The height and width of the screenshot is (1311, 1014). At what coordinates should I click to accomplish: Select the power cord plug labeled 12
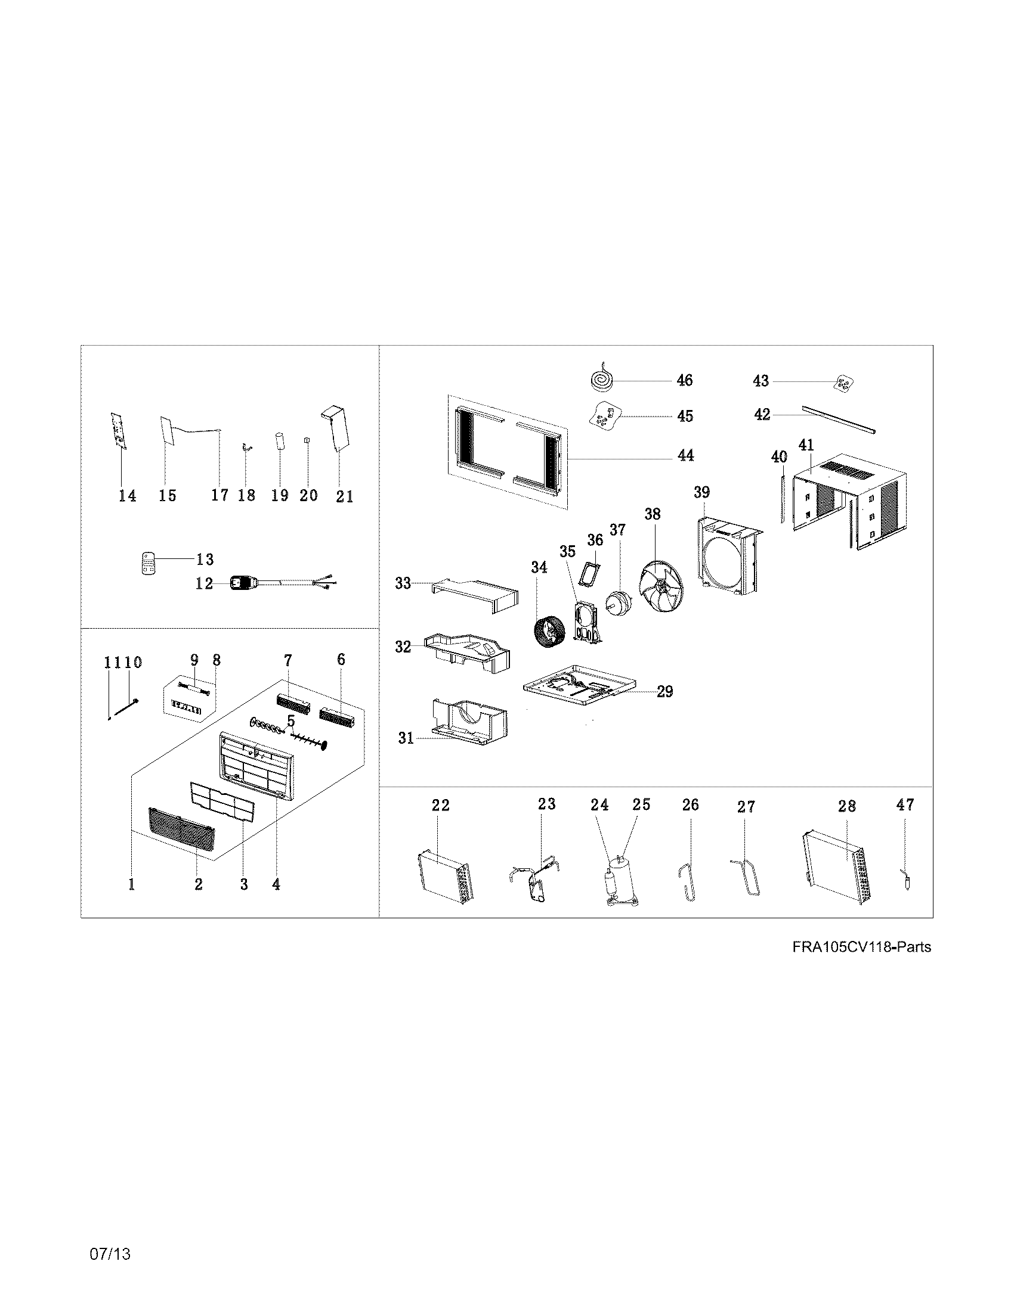pyautogui.click(x=243, y=582)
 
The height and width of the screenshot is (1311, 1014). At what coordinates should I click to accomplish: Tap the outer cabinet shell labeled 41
pyautogui.click(x=847, y=505)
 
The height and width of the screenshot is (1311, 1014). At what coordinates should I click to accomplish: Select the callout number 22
pyautogui.click(x=440, y=805)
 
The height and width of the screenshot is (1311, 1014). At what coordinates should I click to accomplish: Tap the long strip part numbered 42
pyautogui.click(x=839, y=421)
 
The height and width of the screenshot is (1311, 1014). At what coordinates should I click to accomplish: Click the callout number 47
pyautogui.click(x=905, y=804)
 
